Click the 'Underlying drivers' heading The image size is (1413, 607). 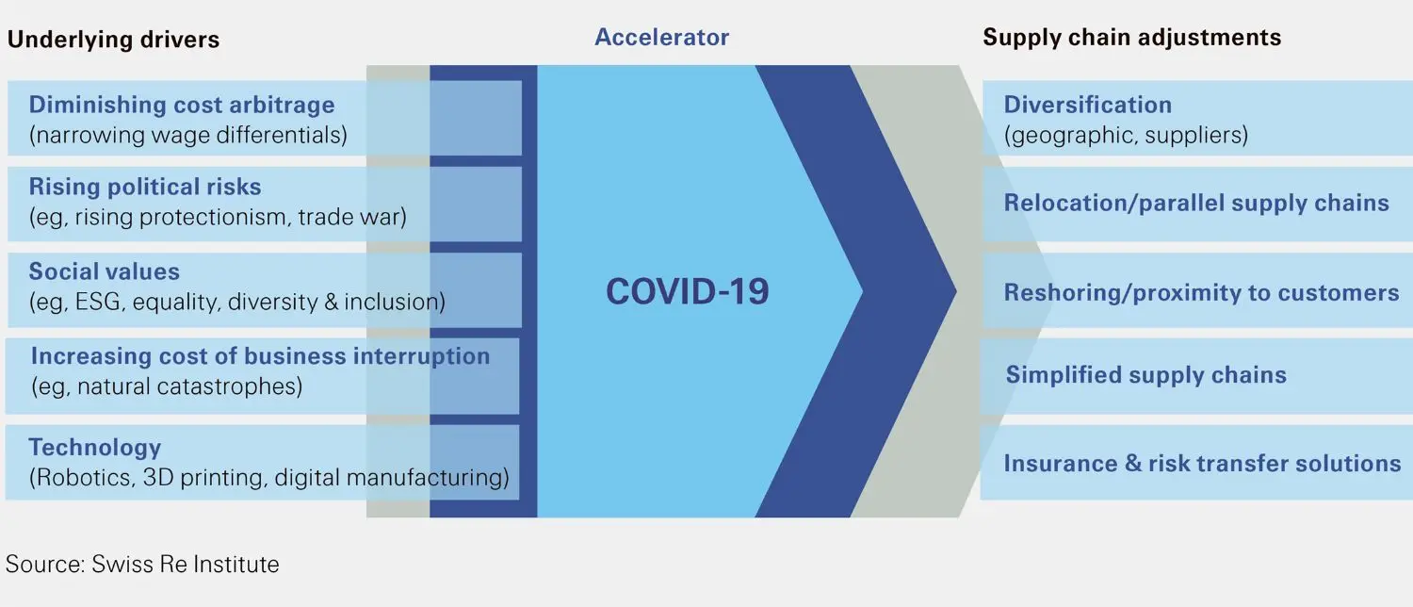pyautogui.click(x=113, y=40)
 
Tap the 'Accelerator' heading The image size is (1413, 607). pyautogui.click(x=661, y=38)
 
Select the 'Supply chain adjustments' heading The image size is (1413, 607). pyautogui.click(x=1131, y=38)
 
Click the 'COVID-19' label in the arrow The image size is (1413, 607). pyautogui.click(x=687, y=291)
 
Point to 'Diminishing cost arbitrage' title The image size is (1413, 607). pyautogui.click(x=182, y=105)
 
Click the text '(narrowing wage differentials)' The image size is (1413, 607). pyautogui.click(x=188, y=135)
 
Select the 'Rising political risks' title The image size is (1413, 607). pyautogui.click(x=145, y=187)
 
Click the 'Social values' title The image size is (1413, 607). pyautogui.click(x=104, y=271)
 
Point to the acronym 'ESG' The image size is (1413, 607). pyautogui.click(x=103, y=303)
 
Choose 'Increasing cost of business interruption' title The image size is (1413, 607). pyautogui.click(x=260, y=356)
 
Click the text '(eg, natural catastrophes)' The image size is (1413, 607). pyautogui.click(x=167, y=386)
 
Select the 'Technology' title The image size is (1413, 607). pyautogui.click(x=94, y=448)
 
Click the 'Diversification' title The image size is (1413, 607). pyautogui.click(x=1087, y=105)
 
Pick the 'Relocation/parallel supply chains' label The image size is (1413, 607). pyautogui.click(x=1196, y=204)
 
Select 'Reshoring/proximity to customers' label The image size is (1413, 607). pyautogui.click(x=1201, y=292)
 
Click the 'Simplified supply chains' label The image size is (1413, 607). pyautogui.click(x=1145, y=375)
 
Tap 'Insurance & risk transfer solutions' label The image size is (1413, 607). pyautogui.click(x=1202, y=464)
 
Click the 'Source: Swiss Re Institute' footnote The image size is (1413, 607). pyautogui.click(x=142, y=565)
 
